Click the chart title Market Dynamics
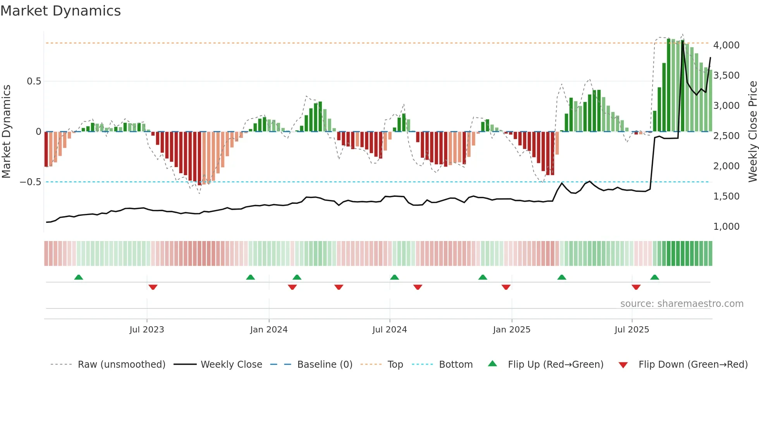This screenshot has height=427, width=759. (61, 11)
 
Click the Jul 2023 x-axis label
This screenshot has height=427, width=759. (147, 330)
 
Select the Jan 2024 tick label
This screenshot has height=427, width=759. (269, 330)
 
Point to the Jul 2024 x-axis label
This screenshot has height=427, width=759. (390, 330)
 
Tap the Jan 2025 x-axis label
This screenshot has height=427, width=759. (512, 330)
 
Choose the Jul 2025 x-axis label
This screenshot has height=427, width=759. (632, 330)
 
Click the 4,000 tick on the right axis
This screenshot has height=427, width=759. (726, 45)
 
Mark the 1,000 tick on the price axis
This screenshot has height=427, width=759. (726, 227)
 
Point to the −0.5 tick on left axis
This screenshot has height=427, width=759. (30, 182)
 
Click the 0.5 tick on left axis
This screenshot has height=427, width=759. (34, 81)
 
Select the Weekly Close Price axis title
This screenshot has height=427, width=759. (752, 131)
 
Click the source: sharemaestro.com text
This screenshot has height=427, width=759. (682, 304)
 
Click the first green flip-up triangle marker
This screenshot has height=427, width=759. (79, 277)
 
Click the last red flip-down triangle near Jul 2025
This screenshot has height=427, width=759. (636, 287)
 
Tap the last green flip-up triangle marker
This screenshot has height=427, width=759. (654, 277)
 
